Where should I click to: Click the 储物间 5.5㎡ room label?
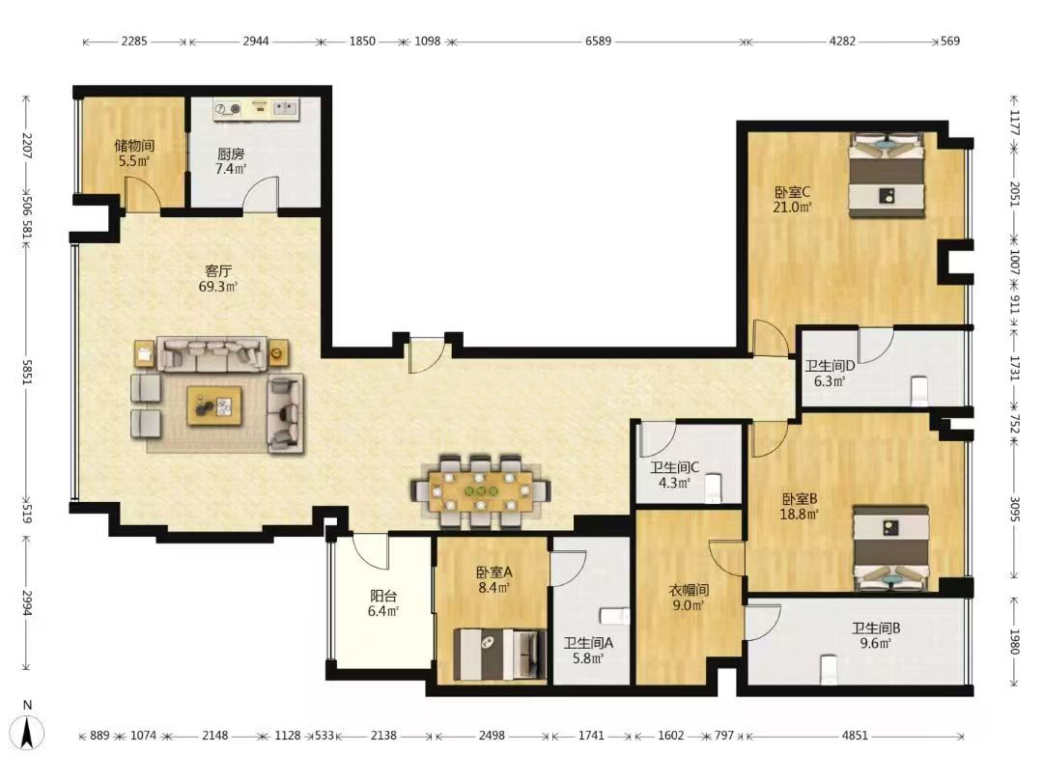click(133, 153)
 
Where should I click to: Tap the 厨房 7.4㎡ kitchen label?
click(231, 161)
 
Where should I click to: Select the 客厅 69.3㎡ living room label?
click(218, 279)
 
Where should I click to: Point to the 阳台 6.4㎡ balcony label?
click(383, 603)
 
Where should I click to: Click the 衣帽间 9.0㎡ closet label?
click(689, 598)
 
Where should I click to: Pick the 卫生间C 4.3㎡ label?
click(674, 475)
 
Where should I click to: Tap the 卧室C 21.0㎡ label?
click(792, 200)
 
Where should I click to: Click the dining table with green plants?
click(480, 491)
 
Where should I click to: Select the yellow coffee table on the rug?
click(214, 405)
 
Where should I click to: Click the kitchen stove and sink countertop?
click(257, 109)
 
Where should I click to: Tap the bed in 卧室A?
click(499, 655)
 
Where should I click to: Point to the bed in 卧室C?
click(887, 175)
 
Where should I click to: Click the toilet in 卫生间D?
click(918, 390)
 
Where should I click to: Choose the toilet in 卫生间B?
click(829, 669)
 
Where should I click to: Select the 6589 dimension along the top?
click(598, 42)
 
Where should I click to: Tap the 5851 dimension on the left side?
click(27, 373)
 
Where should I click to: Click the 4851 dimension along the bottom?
click(855, 736)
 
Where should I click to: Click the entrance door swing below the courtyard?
click(427, 355)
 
